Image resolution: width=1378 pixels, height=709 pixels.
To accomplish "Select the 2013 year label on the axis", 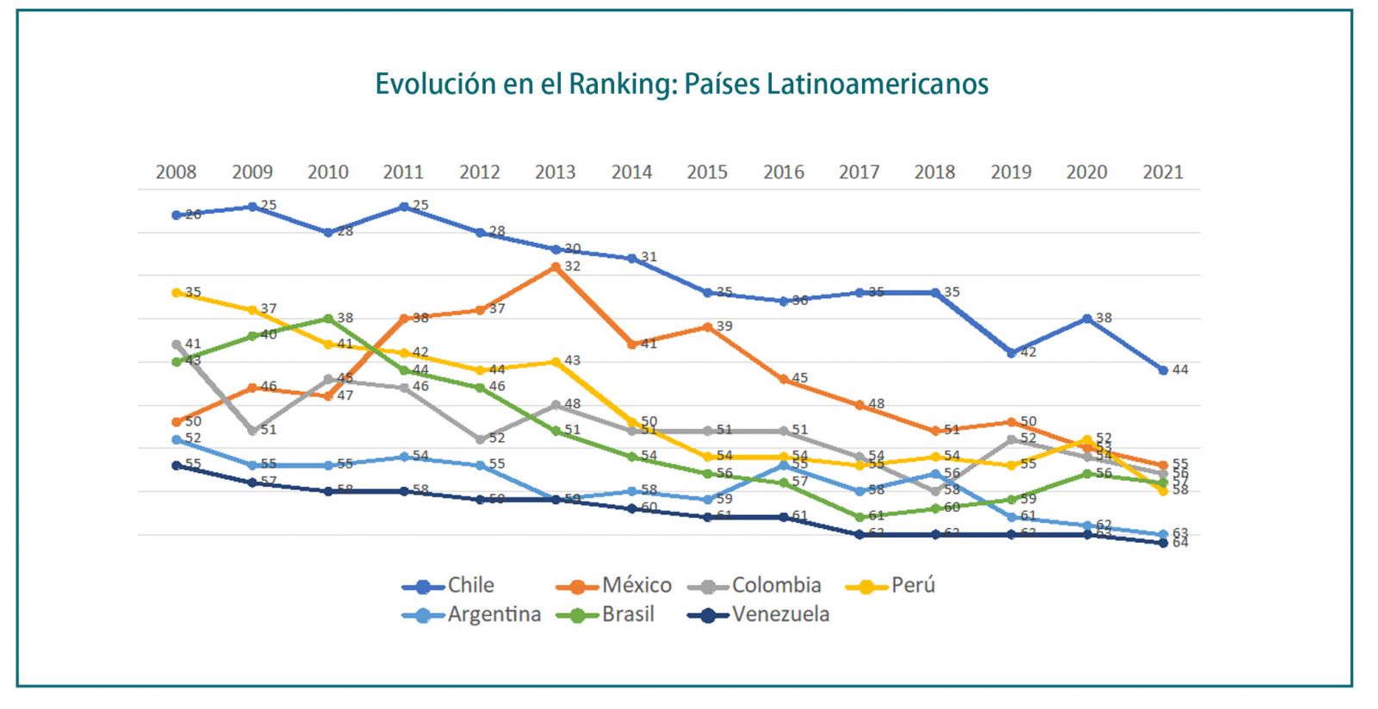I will click(x=556, y=172).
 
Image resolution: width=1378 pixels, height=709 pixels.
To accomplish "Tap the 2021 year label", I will click(x=1163, y=172).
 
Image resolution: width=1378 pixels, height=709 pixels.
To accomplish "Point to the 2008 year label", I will click(x=176, y=172).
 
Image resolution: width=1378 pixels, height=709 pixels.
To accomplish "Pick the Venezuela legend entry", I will click(x=780, y=615).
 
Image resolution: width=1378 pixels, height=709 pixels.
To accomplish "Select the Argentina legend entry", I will click(x=493, y=615).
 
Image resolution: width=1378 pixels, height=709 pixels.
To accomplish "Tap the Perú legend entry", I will click(x=913, y=586).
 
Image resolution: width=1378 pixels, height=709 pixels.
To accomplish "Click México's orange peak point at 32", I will click(x=556, y=267).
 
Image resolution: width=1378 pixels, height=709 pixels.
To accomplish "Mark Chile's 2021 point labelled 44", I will click(x=1163, y=370).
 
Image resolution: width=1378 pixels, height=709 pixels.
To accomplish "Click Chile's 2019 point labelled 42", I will click(x=1011, y=353).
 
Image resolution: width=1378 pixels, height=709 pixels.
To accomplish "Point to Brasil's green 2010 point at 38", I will click(x=328, y=319).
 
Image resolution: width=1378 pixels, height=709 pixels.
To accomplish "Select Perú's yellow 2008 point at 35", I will click(x=177, y=293).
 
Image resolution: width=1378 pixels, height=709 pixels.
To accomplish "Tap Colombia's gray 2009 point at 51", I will click(x=252, y=431).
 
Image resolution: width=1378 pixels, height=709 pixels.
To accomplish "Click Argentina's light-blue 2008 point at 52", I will click(x=177, y=439).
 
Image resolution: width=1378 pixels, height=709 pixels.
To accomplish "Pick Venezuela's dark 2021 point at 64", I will click(x=1163, y=543).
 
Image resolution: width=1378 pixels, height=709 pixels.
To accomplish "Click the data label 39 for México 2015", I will click(x=724, y=327).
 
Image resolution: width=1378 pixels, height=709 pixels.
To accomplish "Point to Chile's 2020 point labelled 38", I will click(x=1087, y=319).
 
